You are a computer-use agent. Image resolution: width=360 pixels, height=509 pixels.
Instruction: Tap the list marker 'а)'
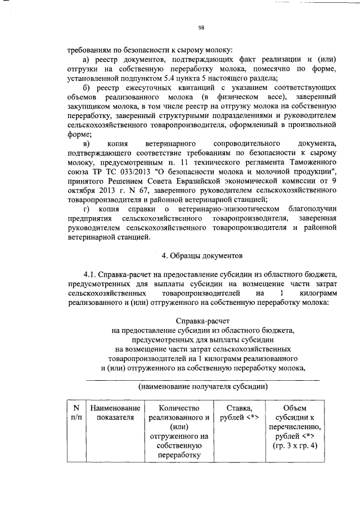click(87, 59)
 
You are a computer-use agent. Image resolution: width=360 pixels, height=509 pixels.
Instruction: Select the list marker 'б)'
click(87, 88)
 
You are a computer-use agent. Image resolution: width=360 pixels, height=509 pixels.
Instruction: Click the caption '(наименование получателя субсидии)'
click(202, 387)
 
